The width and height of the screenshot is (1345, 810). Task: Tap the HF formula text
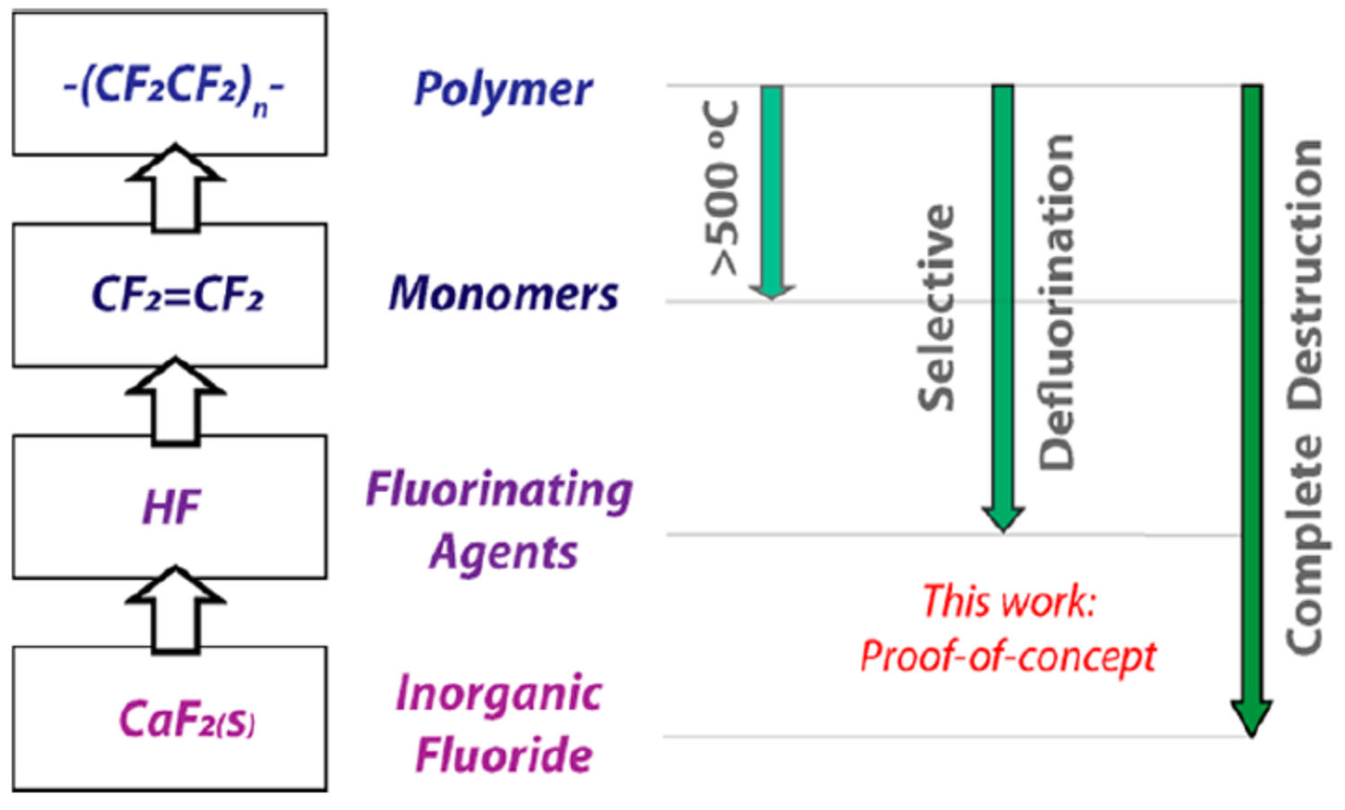(x=171, y=506)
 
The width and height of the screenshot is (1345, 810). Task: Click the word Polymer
(x=503, y=90)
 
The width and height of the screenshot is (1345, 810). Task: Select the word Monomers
(x=503, y=294)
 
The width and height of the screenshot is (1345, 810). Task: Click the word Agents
(x=503, y=552)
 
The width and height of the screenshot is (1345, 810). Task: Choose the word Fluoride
(x=503, y=756)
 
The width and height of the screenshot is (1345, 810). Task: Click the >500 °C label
(x=723, y=188)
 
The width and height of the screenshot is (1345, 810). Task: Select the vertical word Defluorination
(x=1056, y=302)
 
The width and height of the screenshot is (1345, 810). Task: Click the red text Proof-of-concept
(x=1008, y=657)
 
